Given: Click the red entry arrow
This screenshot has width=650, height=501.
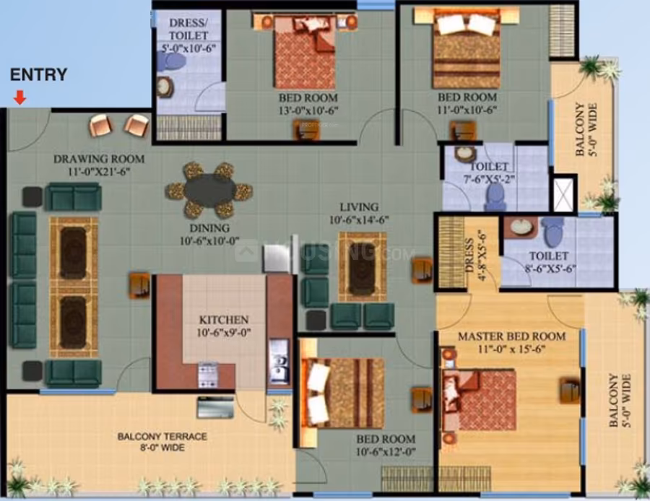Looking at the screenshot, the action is (19, 97).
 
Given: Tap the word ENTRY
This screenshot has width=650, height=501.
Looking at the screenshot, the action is (38, 74).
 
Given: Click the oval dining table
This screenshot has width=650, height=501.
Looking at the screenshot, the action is (210, 190).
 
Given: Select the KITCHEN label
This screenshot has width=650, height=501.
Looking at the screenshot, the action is (224, 320).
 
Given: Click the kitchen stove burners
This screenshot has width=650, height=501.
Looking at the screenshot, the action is (208, 375).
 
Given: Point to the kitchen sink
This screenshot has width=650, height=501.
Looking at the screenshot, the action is (279, 362).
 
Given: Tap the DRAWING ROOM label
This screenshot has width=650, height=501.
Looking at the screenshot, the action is (99, 159).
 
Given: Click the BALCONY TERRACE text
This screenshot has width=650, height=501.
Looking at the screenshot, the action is (162, 436).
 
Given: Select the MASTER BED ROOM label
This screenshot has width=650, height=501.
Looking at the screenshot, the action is (511, 336).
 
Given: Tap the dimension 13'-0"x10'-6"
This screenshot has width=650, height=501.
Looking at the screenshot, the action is (308, 110).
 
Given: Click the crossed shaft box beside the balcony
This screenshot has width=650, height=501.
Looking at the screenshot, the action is (564, 194).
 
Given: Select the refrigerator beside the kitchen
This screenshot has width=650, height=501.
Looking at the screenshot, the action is (277, 259).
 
